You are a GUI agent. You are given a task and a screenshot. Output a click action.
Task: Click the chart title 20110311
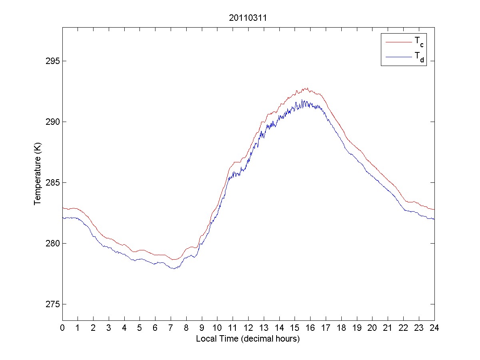coord(248,18)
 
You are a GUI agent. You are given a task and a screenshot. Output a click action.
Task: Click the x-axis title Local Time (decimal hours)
coord(248,339)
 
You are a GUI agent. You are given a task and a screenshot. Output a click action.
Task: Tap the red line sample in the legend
coord(398,42)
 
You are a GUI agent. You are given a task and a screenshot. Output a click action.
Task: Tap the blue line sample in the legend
coord(398,58)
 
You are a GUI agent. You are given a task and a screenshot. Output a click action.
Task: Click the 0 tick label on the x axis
coord(62,328)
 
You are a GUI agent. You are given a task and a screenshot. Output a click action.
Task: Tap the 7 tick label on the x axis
coord(171,328)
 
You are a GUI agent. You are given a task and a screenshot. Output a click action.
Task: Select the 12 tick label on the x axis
coord(248,328)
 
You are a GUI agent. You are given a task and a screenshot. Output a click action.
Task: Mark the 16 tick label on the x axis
coord(310,328)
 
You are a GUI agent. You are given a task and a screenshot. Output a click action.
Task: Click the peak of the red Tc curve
coord(306,88)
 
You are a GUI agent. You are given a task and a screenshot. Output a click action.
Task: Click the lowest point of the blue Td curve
coord(174,268)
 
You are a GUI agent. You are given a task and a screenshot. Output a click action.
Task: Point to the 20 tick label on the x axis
coord(372,328)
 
